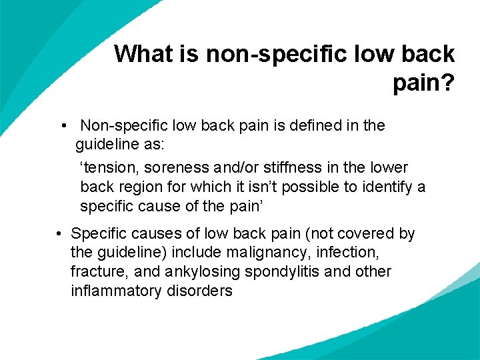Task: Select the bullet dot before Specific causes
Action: point(59,234)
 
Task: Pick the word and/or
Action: point(247,167)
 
